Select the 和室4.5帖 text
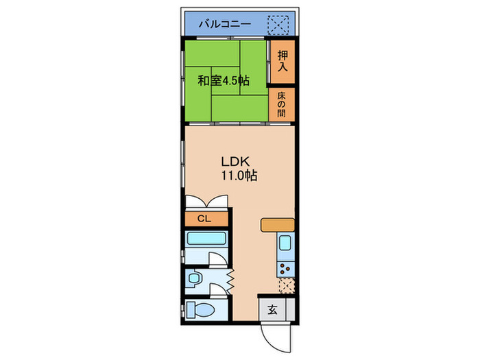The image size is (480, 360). (224, 81)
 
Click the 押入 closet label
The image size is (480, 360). (282, 62)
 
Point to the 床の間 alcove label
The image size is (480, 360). (282, 105)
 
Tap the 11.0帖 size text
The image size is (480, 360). (239, 176)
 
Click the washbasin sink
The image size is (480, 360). (195, 279)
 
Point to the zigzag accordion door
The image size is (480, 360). (231, 280)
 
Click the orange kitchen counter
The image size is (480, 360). (278, 224)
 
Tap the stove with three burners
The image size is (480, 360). (285, 265)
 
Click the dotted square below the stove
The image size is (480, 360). (286, 285)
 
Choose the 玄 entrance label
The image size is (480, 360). (272, 309)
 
